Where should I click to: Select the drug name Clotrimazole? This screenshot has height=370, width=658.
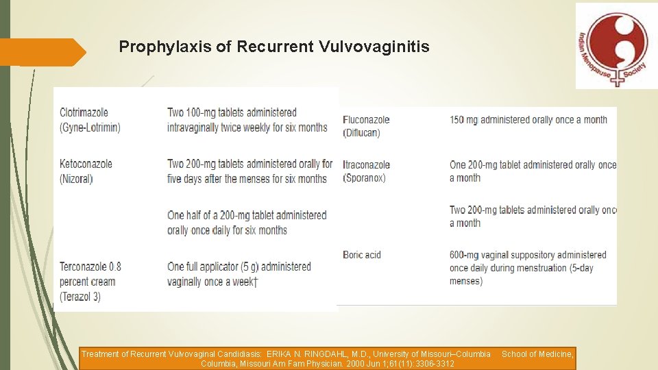[84, 112]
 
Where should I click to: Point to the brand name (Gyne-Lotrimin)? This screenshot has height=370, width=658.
[90, 127]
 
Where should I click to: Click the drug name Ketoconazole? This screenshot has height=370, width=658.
[86, 164]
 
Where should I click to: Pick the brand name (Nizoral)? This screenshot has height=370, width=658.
[76, 179]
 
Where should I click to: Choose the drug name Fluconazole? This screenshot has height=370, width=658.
[366, 120]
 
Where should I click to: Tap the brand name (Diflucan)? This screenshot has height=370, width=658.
[361, 133]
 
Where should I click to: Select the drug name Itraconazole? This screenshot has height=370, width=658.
[367, 164]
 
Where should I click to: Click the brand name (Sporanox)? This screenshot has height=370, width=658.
[364, 178]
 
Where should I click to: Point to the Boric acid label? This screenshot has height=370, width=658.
[362, 255]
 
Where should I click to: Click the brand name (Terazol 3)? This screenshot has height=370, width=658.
[81, 297]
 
